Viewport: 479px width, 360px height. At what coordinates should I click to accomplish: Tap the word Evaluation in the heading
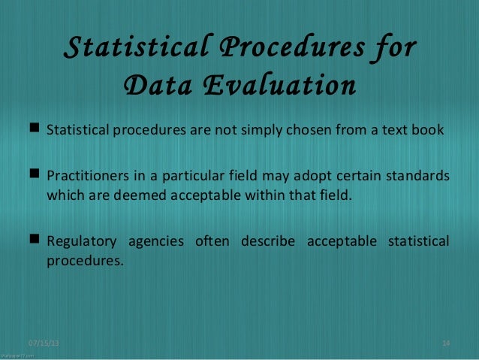coord(276,85)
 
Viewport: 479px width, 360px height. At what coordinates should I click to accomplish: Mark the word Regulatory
coord(81,242)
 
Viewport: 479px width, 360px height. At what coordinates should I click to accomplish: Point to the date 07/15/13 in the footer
coord(44,343)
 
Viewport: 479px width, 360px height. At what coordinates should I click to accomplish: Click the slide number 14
coord(446,343)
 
